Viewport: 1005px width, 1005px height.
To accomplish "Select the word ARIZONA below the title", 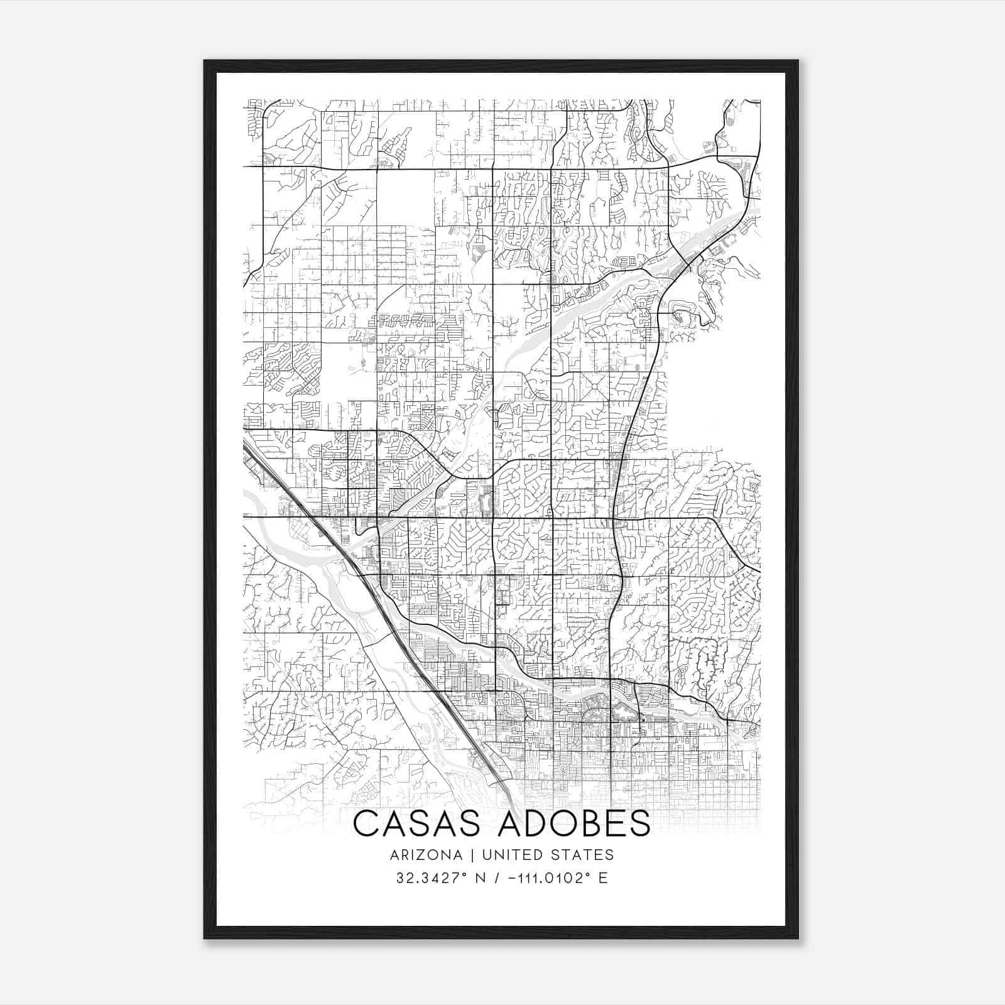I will pos(426,855).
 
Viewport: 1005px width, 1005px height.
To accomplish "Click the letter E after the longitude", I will pos(603,878).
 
